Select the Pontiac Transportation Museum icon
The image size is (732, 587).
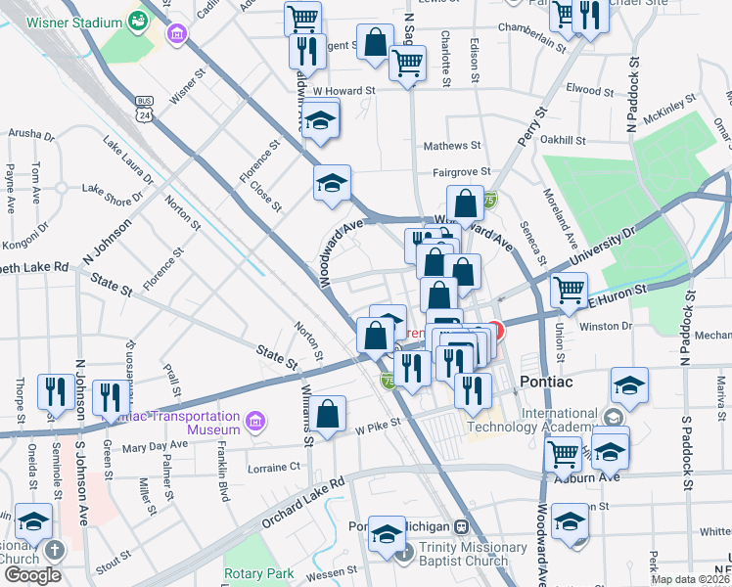point(256,422)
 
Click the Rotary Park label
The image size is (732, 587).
point(258,572)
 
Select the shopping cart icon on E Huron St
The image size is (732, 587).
point(570,289)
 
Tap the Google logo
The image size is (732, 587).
point(31,575)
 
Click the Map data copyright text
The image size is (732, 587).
point(689,579)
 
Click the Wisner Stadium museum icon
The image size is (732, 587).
point(177,36)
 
